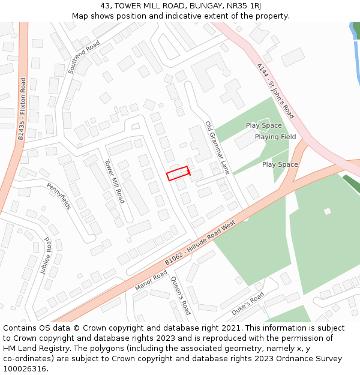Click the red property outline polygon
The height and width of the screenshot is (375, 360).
178,173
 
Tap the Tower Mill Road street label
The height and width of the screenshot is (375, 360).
114,181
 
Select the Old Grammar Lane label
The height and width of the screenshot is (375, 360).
217,148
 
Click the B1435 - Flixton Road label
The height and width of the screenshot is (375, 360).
22,109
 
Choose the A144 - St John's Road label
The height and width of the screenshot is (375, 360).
275,91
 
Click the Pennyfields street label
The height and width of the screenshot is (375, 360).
59,196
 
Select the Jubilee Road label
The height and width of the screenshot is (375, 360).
47,256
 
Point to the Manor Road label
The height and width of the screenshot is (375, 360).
151,280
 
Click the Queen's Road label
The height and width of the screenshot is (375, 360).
181,296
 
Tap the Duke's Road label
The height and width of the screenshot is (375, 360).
248,304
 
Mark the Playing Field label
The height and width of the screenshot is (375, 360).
275,137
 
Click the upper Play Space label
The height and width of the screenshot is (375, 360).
263,125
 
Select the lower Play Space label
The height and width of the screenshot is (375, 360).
280,164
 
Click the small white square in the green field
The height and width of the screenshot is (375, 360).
327,211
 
